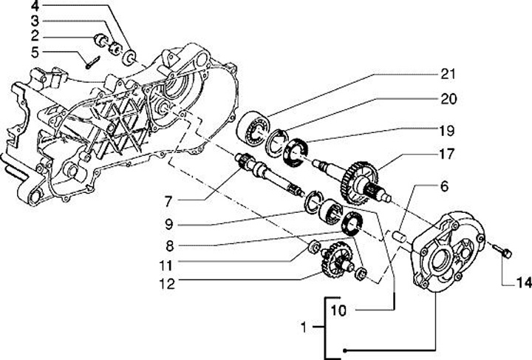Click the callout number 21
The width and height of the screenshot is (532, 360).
(x=449, y=74)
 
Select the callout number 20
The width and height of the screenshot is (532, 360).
(x=449, y=99)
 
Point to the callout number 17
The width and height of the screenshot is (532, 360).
(x=449, y=156)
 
